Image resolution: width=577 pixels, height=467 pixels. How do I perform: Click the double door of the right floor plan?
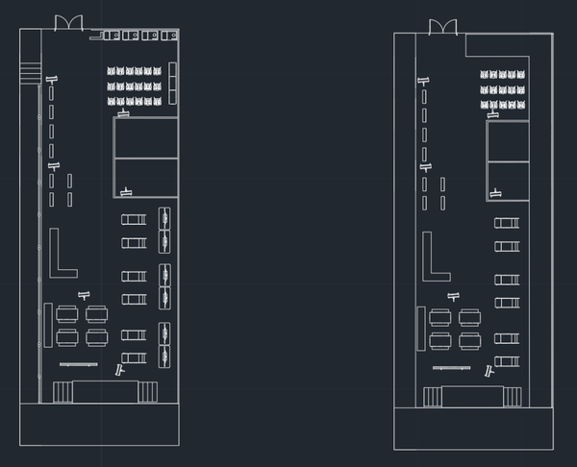pyautogui.click(x=443, y=25)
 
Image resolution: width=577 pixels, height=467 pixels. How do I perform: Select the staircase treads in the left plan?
pyautogui.click(x=30, y=69)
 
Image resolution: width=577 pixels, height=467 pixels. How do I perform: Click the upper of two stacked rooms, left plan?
pyautogui.click(x=146, y=136)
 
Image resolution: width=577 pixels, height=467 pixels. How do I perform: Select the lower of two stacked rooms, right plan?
pyautogui.click(x=507, y=180)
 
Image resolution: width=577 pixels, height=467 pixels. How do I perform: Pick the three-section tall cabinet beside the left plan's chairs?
pyautogui.click(x=173, y=82)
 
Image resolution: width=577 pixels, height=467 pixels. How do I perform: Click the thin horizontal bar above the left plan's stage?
pyautogui.click(x=79, y=365)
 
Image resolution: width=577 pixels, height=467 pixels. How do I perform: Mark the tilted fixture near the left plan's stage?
pyautogui.click(x=120, y=369)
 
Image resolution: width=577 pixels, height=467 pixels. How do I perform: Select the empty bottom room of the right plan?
pyautogui.click(x=473, y=429)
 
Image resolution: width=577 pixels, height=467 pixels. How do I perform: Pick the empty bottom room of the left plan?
pyautogui.click(x=100, y=425)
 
